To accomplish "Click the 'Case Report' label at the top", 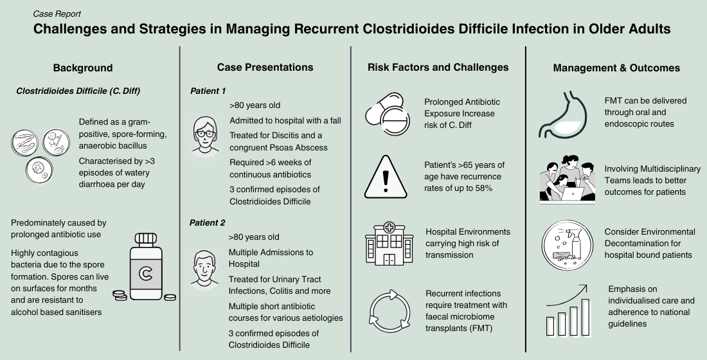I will [57, 13].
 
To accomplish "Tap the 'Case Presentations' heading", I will [265, 67].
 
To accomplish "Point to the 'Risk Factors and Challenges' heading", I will [438, 67].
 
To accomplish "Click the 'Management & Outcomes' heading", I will [616, 67].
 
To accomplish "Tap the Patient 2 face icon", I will [205, 269].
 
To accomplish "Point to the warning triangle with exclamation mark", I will [386, 176].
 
